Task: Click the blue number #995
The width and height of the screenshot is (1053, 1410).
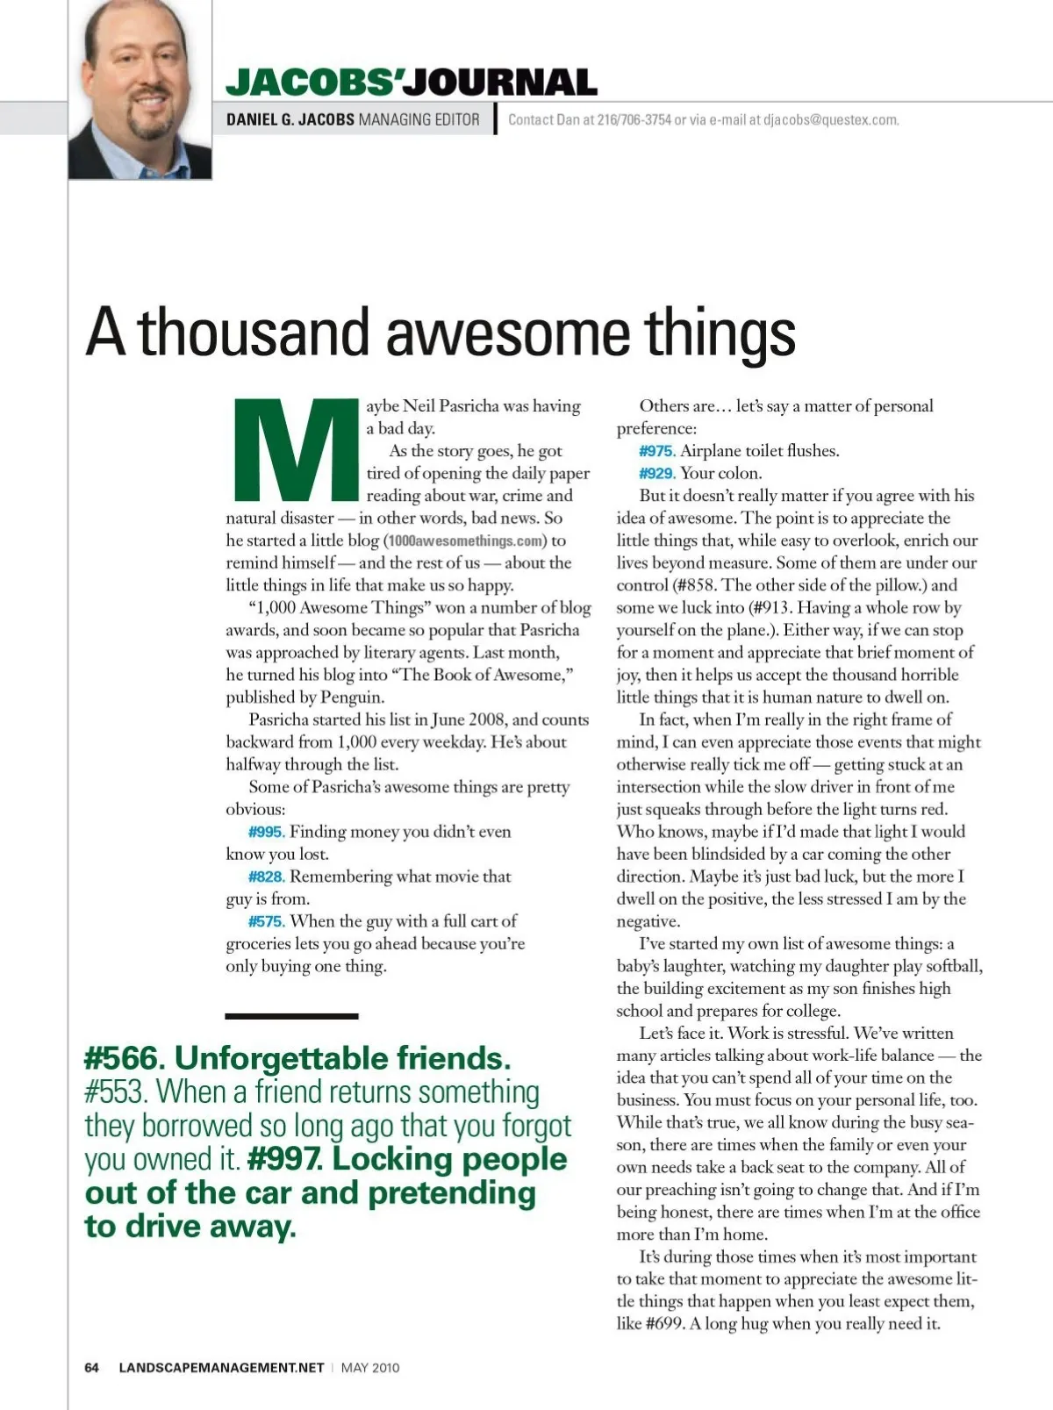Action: pos(266,832)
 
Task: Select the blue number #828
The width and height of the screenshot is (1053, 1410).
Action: pos(266,877)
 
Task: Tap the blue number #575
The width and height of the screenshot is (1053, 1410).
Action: pos(266,921)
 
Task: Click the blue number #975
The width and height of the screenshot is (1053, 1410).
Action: pos(656,451)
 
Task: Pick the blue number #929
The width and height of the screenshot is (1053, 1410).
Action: pos(656,474)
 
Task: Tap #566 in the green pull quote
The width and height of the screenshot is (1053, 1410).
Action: pos(124,1058)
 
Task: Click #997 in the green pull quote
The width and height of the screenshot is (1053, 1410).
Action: pos(284,1159)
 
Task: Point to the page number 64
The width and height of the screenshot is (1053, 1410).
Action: pos(92,1367)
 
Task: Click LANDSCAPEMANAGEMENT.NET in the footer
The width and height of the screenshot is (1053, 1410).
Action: pos(221,1367)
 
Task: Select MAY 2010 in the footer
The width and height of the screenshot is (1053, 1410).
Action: pos(370,1367)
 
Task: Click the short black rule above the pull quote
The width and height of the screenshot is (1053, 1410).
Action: pos(291,1016)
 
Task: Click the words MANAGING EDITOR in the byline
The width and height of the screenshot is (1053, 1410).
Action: pos(419,120)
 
